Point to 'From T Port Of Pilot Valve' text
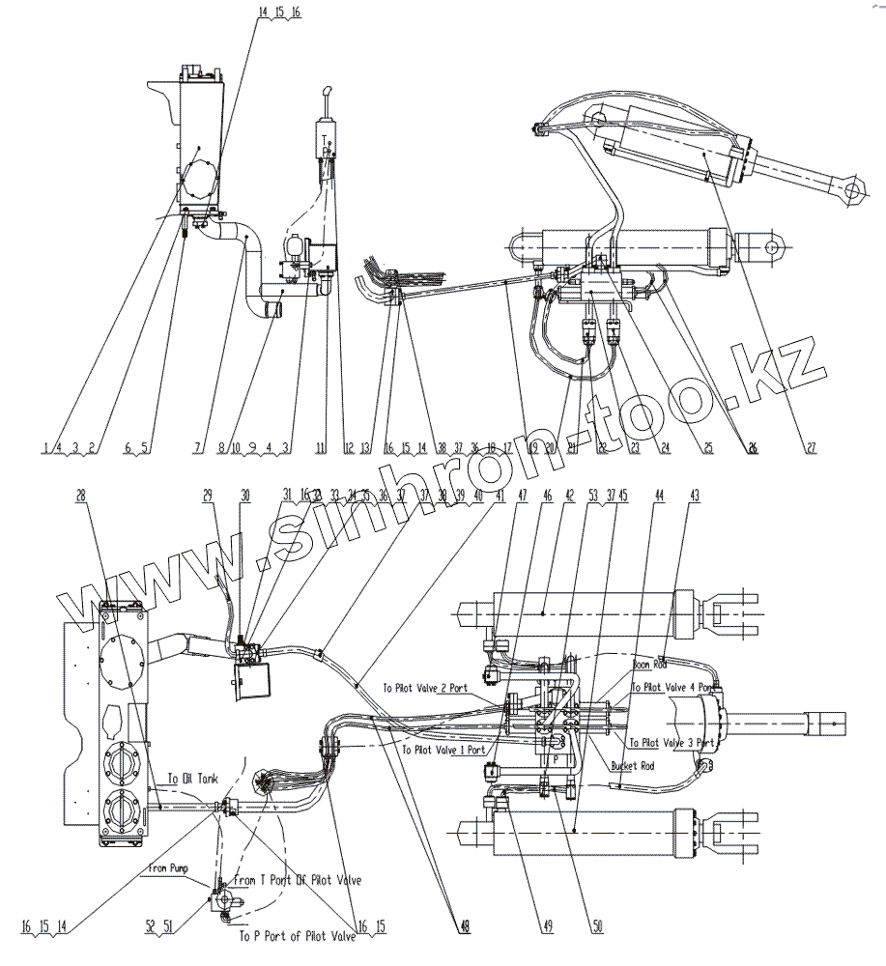point(299,880)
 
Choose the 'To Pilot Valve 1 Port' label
point(444,749)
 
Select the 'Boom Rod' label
point(651,665)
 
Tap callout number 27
point(812,448)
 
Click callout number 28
point(80,494)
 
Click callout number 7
point(197,448)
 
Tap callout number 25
point(709,448)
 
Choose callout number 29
point(207,494)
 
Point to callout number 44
point(660,494)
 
